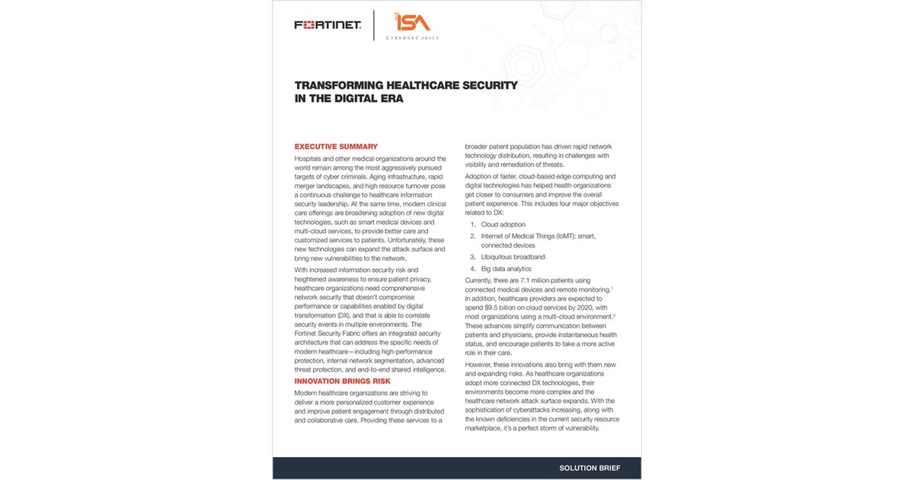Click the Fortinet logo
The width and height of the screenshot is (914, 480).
[328, 25]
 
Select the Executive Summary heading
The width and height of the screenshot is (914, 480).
[336, 146]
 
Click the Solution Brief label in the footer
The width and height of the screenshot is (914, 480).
[590, 468]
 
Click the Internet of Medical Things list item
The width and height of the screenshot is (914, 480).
[538, 236]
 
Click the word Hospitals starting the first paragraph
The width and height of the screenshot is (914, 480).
[312, 158]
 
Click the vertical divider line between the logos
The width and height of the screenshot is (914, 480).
[374, 25]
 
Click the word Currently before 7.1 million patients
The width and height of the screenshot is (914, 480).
[484, 280]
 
